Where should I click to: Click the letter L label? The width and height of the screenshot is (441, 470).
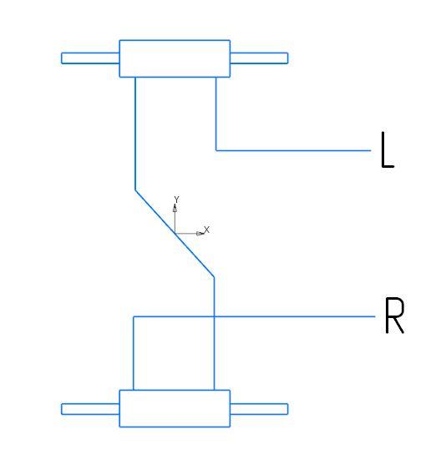pyautogui.click(x=387, y=149)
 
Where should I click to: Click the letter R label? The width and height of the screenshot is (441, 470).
pyautogui.click(x=394, y=315)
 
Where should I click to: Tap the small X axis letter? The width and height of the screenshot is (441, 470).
pyautogui.click(x=206, y=230)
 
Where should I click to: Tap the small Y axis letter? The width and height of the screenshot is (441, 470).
pyautogui.click(x=176, y=200)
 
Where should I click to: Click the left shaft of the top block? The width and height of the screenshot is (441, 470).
pyautogui.click(x=90, y=58)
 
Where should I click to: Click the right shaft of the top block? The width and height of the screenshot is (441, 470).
pyautogui.click(x=259, y=58)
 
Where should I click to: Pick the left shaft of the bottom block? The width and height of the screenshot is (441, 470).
pyautogui.click(x=90, y=409)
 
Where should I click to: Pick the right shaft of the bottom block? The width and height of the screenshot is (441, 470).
pyautogui.click(x=259, y=409)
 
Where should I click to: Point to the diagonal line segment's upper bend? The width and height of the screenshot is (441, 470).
pyautogui.click(x=135, y=190)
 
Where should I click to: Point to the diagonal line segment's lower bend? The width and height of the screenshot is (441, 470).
pyautogui.click(x=214, y=277)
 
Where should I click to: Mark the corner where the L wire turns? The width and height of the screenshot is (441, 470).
pyautogui.click(x=216, y=150)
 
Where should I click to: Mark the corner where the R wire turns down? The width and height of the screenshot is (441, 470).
pyautogui.click(x=134, y=316)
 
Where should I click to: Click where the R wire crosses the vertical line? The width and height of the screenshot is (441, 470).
pyautogui.click(x=214, y=316)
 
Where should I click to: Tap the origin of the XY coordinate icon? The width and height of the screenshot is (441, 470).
pyautogui.click(x=175, y=233)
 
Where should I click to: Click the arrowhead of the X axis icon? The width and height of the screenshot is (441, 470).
pyautogui.click(x=200, y=233)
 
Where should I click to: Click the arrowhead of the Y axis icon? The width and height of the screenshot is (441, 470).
pyautogui.click(x=175, y=208)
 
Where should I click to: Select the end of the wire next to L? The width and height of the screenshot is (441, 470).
pyautogui.click(x=371, y=150)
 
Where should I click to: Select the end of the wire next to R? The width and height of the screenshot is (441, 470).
pyautogui.click(x=375, y=316)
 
